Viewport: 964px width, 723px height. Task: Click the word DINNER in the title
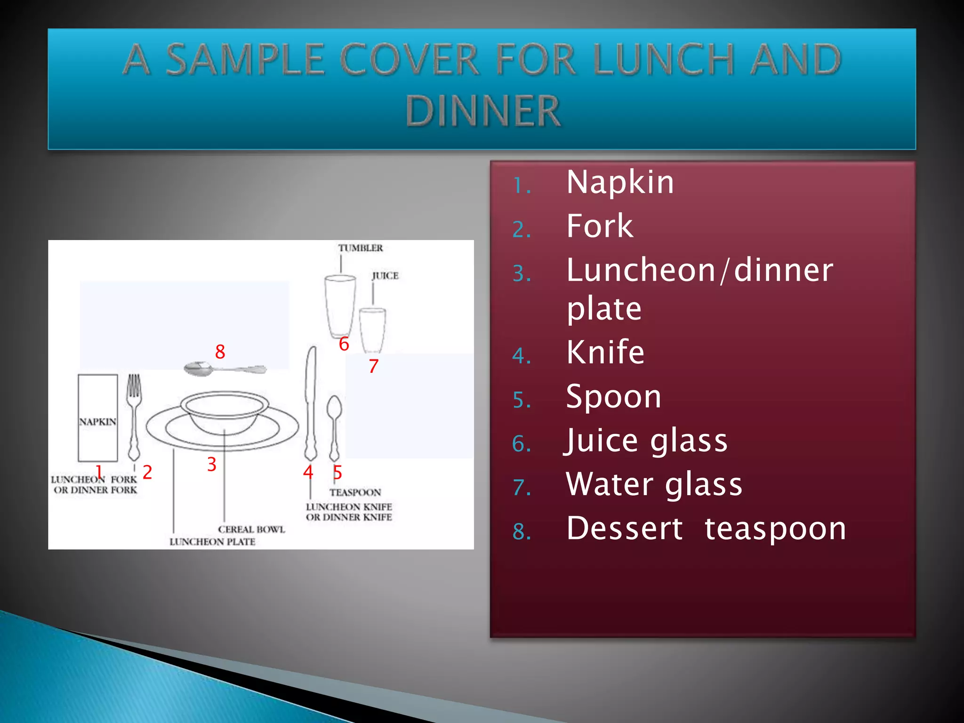pyautogui.click(x=483, y=111)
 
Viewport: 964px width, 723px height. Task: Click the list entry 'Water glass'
pyautogui.click(x=654, y=484)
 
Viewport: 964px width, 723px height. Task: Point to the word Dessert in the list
pyautogui.click(x=624, y=528)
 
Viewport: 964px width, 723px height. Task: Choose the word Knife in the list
pyautogui.click(x=605, y=352)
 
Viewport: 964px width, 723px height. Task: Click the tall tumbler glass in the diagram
pyautogui.click(x=340, y=306)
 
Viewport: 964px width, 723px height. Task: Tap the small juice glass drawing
pyautogui.click(x=372, y=329)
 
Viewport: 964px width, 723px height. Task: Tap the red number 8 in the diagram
pyautogui.click(x=220, y=352)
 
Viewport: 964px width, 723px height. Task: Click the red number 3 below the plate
pyautogui.click(x=212, y=465)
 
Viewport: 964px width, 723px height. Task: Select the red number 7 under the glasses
pyautogui.click(x=373, y=366)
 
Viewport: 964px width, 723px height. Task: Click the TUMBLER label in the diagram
pyautogui.click(x=361, y=248)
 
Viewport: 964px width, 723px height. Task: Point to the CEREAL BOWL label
pyautogui.click(x=251, y=530)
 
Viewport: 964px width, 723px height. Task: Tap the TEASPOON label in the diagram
pyautogui.click(x=355, y=493)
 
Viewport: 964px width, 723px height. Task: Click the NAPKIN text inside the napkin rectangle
pyautogui.click(x=97, y=422)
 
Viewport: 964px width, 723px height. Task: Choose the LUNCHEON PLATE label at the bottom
pyautogui.click(x=212, y=542)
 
